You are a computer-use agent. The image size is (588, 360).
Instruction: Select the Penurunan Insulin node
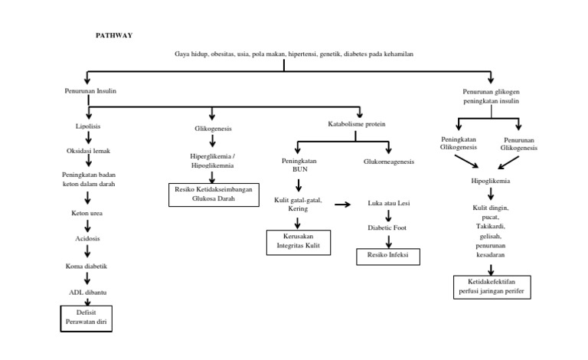[90, 91]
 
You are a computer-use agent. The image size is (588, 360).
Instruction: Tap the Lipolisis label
[89, 125]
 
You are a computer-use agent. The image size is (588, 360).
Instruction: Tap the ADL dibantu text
[89, 292]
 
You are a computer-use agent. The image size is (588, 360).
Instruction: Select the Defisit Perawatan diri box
[87, 318]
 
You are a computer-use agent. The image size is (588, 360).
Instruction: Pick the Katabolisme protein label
[357, 124]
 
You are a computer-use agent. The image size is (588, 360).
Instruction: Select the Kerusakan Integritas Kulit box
[299, 241]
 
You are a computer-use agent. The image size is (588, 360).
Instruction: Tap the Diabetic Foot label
[388, 227]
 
